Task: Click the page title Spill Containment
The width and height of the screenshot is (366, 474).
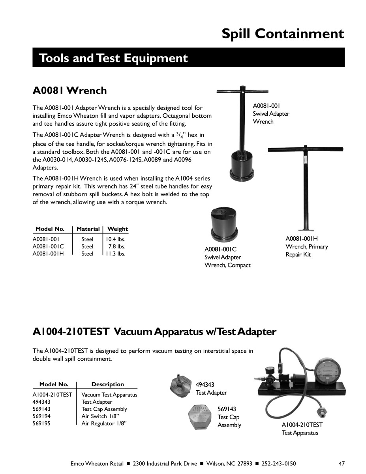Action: [283, 34]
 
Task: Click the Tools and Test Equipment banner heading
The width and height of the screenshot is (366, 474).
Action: [114, 58]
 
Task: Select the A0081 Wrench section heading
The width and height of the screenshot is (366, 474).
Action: [69, 90]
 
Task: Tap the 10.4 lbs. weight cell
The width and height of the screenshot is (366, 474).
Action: [115, 239]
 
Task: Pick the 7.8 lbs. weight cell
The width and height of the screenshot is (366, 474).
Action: [117, 246]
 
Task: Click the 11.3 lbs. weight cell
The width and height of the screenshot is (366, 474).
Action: [115, 254]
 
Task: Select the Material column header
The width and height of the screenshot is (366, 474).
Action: [88, 229]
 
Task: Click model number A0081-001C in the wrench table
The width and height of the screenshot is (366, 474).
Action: [48, 246]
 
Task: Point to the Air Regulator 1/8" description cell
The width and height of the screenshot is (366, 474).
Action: [104, 423]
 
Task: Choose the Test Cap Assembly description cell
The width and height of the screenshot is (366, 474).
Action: [104, 409]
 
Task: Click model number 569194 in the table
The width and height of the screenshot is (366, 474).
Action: [41, 416]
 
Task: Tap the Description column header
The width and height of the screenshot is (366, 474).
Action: [107, 384]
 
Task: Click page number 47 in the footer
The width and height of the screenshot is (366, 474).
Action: [342, 463]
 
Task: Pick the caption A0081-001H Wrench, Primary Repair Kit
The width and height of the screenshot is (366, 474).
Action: [306, 246]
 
